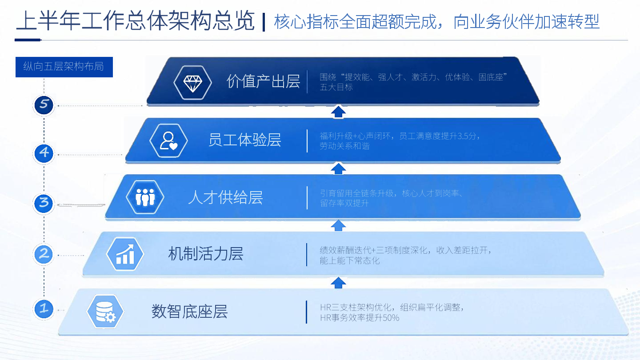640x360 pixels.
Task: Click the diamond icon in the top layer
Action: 192,83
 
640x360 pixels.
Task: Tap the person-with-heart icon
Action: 168,140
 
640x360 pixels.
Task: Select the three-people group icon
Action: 145,197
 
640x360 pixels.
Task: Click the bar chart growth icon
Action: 125,254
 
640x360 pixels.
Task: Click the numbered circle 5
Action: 44,104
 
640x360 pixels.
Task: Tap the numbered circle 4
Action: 44,153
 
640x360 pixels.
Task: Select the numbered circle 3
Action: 44,204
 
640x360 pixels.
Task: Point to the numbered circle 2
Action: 44,254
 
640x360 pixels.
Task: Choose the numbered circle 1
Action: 44,309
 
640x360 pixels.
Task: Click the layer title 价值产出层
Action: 263,81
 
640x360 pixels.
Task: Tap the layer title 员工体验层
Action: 244,140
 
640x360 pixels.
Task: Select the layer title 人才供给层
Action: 225,197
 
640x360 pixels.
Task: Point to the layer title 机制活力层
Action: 206,254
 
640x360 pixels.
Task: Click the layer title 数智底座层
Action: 189,312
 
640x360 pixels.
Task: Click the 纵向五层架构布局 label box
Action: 64,67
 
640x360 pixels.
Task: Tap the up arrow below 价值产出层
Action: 338,112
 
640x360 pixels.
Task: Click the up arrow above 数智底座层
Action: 338,283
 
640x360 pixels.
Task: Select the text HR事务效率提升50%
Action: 360,318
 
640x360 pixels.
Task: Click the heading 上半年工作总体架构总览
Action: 135,21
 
